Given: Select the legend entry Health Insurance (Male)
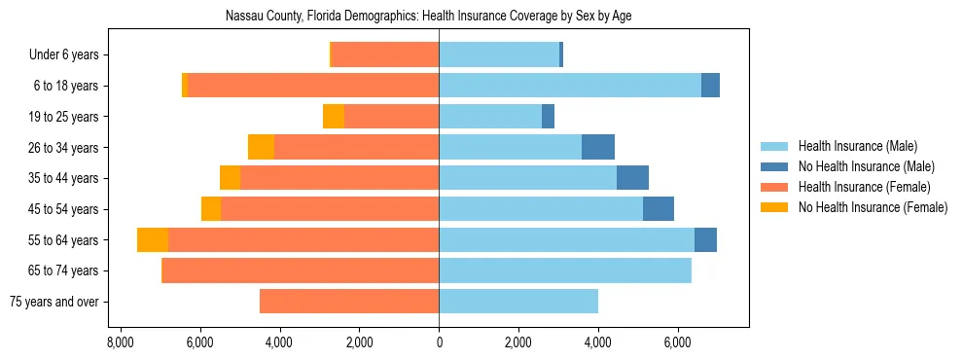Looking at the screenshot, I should pyautogui.click(x=857, y=146).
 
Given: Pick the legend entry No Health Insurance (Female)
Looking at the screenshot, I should pyautogui.click(x=872, y=207).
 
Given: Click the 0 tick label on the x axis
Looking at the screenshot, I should pyautogui.click(x=439, y=342).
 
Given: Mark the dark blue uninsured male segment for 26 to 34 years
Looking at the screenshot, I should pyautogui.click(x=598, y=147).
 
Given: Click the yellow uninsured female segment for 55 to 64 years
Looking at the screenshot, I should pyautogui.click(x=153, y=239).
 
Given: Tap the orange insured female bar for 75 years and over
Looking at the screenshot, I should pyautogui.click(x=349, y=302).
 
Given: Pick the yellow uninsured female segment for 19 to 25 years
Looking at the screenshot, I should pyautogui.click(x=334, y=117).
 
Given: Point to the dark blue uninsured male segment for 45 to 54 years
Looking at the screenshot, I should pyautogui.click(x=659, y=209).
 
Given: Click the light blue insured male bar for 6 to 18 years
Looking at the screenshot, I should pyautogui.click(x=570, y=86).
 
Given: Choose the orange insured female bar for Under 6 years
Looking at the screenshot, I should pyautogui.click(x=385, y=55).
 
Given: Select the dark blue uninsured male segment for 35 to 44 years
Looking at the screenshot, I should pyautogui.click(x=632, y=178).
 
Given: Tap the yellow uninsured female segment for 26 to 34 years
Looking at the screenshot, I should pyautogui.click(x=261, y=147).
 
